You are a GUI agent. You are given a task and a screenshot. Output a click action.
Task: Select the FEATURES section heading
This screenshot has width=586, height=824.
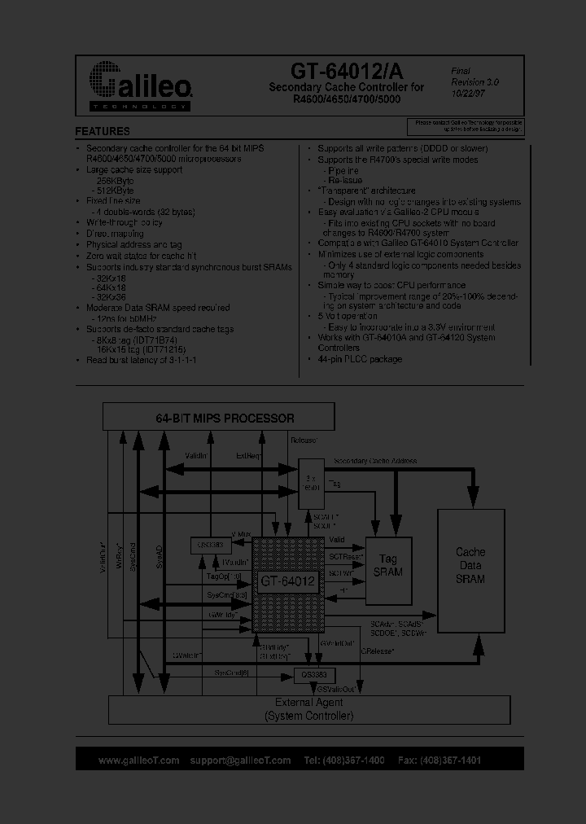click(103, 131)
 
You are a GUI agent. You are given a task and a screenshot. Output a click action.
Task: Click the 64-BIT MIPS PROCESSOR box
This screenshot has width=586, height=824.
click(218, 418)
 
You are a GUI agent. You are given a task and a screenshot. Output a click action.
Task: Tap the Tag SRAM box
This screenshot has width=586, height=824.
click(387, 565)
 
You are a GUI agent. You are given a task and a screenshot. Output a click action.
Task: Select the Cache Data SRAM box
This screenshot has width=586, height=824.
click(470, 565)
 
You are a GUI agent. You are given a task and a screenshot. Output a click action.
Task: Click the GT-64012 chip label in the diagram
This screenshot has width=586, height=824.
click(286, 581)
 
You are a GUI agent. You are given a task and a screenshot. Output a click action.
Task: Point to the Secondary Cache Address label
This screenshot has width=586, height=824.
click(375, 461)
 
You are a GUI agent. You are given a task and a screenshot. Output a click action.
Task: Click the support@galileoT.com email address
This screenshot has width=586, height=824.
click(240, 760)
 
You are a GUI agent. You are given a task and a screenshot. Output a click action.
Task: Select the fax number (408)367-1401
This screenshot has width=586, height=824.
click(451, 760)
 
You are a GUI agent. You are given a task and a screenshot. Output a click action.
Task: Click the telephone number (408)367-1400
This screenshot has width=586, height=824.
click(355, 760)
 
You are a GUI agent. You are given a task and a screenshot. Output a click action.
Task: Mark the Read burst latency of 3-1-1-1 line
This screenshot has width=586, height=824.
click(142, 359)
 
